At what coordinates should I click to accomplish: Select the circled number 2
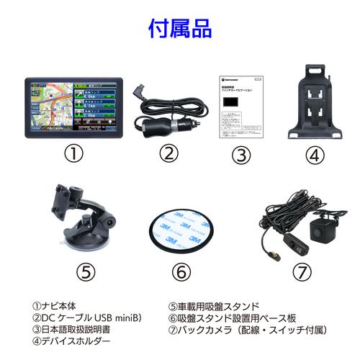pos(168,153)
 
